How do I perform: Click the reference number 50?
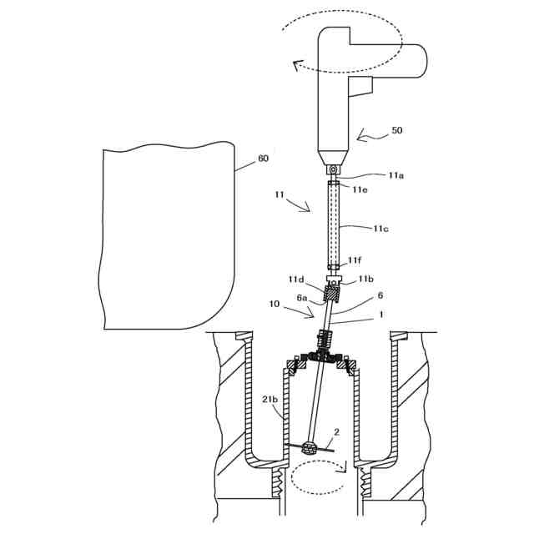tap(396, 131)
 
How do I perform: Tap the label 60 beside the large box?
tap(263, 158)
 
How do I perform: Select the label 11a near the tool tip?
tap(397, 175)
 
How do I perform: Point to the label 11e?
tap(360, 189)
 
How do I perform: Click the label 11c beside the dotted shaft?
tap(382, 227)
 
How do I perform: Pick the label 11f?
tap(355, 261)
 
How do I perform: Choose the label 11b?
tap(366, 279)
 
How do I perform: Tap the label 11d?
tap(296, 279)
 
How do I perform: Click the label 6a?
tap(302, 298)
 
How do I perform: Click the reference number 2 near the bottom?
tap(336, 433)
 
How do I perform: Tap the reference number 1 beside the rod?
tap(381, 315)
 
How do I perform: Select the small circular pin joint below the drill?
tap(333, 169)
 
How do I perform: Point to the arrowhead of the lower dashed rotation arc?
tap(341, 469)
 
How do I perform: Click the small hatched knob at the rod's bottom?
tap(310, 448)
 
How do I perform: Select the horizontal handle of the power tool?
tap(388, 61)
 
